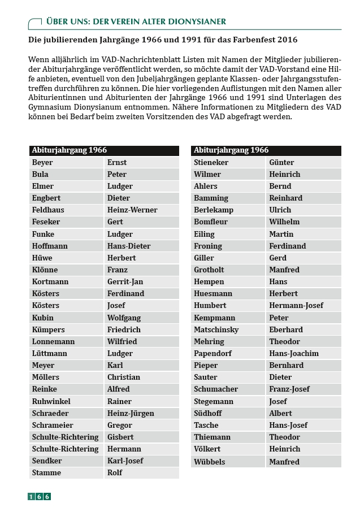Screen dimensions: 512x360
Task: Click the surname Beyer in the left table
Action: coord(42,163)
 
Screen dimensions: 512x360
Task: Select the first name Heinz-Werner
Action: coord(132,210)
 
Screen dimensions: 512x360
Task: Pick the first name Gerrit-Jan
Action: coord(125,282)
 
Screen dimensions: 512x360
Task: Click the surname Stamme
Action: coord(46,473)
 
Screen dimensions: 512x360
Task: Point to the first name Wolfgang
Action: coord(124,318)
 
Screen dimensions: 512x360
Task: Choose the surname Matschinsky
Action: coord(216,330)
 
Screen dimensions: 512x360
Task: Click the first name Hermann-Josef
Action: coord(296,306)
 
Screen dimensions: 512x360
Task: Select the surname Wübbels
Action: coord(209,462)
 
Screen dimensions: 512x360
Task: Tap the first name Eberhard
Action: coord(286,330)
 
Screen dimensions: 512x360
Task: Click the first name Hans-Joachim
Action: coord(294,354)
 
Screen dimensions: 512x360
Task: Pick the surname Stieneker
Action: coord(211,163)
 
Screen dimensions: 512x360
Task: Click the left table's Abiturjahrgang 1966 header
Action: coord(69,150)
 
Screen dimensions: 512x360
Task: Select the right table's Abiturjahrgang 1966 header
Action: coord(231,150)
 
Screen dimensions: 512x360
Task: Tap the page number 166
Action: coord(40,497)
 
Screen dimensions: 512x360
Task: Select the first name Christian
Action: coord(123,378)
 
